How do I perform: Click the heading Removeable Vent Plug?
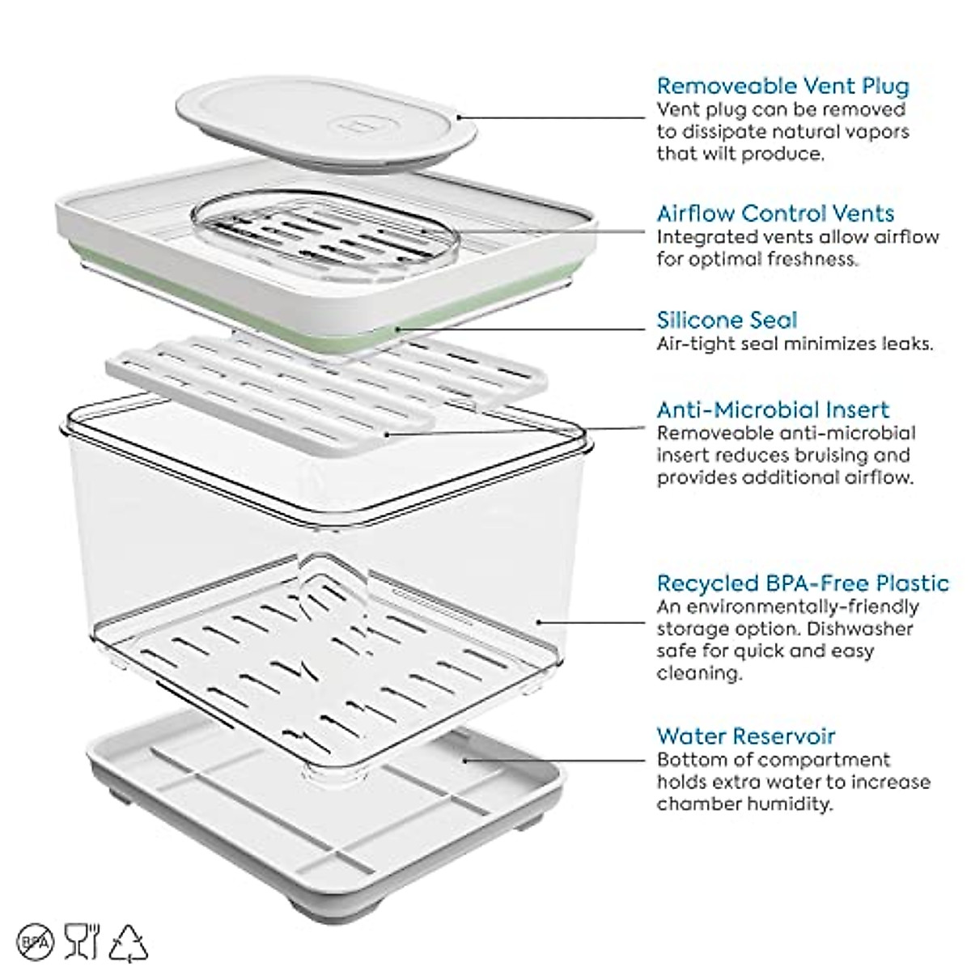pos(782,86)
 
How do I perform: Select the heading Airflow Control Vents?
pos(775,214)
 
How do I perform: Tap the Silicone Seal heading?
pos(727,320)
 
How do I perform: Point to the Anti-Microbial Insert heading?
pos(772,409)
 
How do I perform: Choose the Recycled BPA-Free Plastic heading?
pos(802,583)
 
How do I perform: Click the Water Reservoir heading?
pos(745,736)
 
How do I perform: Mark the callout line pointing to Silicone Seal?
pos(526,329)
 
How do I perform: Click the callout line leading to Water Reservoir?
pos(558,760)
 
